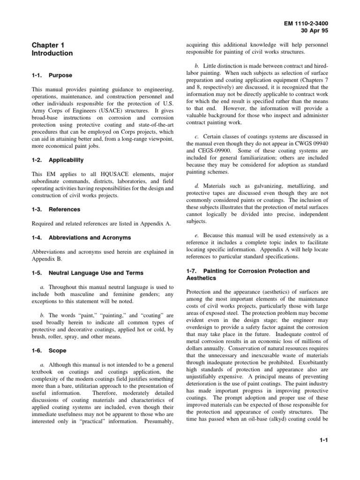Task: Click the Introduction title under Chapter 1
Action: pyautogui.click(x=52, y=53)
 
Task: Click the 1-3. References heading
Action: pyautogui.click(x=56, y=209)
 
